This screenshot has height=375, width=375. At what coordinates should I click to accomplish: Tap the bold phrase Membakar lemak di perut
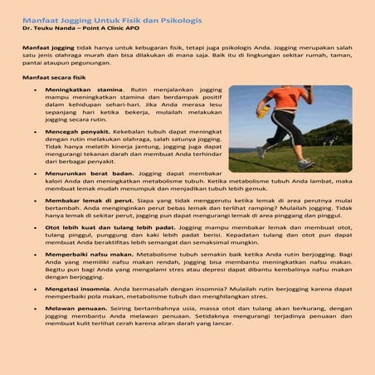pyautogui.click(x=85, y=200)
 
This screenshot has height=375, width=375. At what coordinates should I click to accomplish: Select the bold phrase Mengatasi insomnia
pyautogui.click(x=76, y=288)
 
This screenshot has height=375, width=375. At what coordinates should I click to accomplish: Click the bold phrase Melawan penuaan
pyautogui.click(x=74, y=308)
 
